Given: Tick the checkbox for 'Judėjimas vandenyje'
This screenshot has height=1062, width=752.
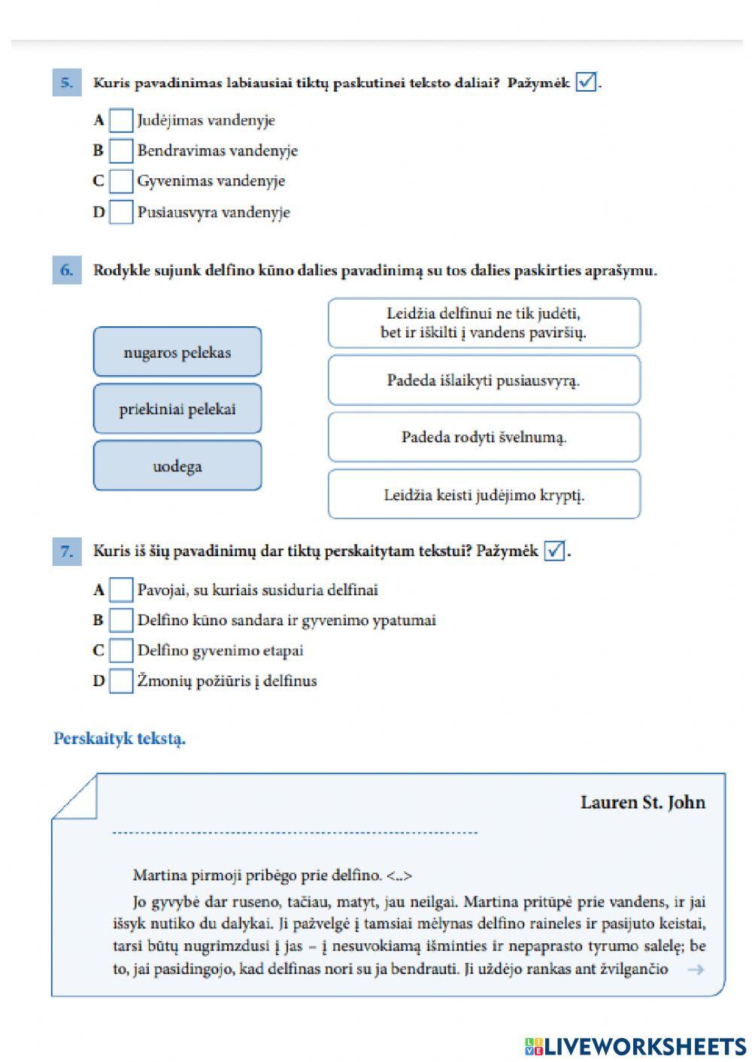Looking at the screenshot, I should tap(120, 120).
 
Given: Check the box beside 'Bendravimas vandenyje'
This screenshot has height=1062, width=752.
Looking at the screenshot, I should tap(120, 151).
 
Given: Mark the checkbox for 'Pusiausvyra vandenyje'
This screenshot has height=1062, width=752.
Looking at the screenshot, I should tap(120, 212).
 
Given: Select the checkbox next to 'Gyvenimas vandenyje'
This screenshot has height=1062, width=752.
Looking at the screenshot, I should tap(120, 181).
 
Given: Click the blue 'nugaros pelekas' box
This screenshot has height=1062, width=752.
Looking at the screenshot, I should tap(177, 352).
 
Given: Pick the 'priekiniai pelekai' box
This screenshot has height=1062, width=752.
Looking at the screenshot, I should tap(177, 409).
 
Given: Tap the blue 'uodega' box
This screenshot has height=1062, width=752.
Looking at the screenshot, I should tap(177, 466).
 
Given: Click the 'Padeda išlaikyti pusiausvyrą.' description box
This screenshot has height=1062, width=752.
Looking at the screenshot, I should tap(484, 380).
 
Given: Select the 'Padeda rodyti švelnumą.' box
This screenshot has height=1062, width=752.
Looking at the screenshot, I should tap(484, 437).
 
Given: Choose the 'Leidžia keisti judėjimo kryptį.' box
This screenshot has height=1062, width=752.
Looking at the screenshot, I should tap(484, 495).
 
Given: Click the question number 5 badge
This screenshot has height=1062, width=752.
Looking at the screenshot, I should tap(66, 83).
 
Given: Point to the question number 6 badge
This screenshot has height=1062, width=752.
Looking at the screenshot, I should tap(66, 271).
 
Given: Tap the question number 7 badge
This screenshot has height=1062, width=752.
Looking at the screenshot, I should tap(66, 552).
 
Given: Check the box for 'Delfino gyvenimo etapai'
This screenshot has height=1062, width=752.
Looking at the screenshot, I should tap(120, 650).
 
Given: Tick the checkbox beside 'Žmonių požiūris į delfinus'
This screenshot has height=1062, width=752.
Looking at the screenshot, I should tap(120, 681).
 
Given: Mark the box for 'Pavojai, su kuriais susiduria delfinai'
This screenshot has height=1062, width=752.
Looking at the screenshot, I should tap(120, 590).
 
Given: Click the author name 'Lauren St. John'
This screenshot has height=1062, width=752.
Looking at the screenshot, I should tap(642, 802).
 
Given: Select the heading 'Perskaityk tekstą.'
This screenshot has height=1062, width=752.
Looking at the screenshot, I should tap(120, 738).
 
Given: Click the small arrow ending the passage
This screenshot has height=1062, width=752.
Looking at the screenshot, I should tap(696, 970).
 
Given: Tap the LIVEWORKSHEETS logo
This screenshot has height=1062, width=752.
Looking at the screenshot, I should tap(635, 1046).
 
